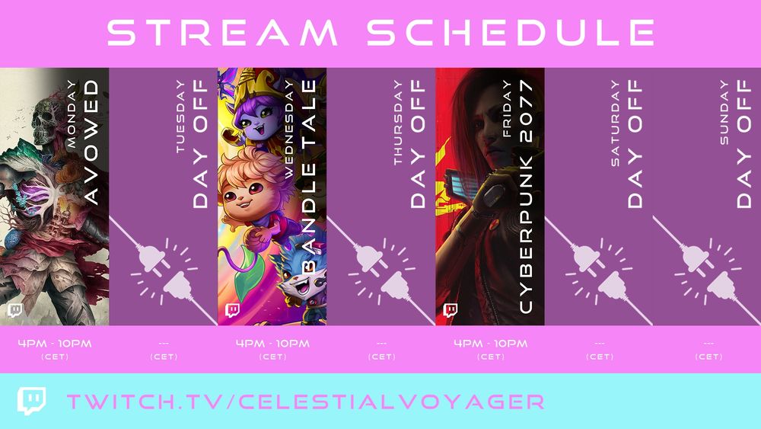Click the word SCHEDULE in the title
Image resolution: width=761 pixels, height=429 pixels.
511,33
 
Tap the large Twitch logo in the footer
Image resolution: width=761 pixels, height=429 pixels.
32,401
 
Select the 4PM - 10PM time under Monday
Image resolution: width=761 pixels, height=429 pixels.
55,344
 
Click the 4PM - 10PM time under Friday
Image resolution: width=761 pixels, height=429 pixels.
490,344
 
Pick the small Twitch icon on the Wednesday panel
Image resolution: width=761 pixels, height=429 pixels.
232,311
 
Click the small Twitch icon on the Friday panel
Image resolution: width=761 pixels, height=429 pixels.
450,311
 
